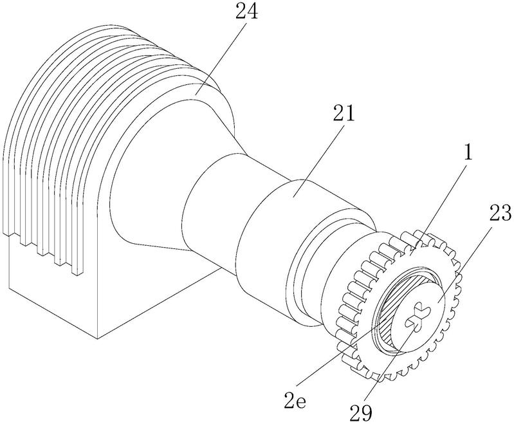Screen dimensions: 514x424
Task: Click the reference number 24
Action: (246, 12)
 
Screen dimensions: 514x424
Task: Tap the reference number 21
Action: (344, 113)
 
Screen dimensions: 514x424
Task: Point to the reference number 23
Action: (500, 212)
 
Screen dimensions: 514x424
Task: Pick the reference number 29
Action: (361, 412)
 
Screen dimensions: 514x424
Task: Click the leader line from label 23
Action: (465, 263)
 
